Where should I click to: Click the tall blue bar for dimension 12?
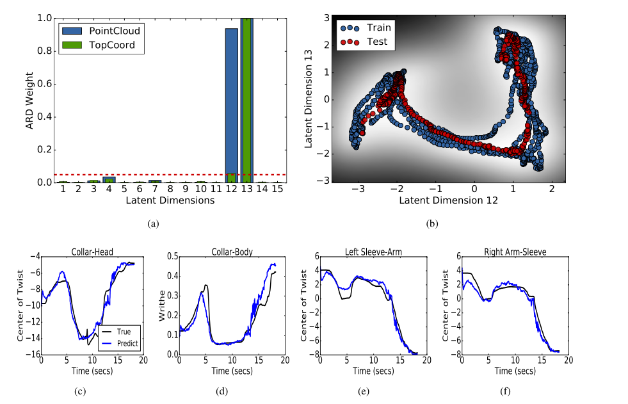point(231,102)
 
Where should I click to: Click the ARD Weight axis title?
point(29,101)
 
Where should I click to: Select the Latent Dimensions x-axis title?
point(170,200)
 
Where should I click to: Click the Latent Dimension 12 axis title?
point(448,200)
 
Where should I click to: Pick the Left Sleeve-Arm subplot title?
point(366,252)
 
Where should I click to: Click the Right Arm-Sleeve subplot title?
point(504,252)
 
